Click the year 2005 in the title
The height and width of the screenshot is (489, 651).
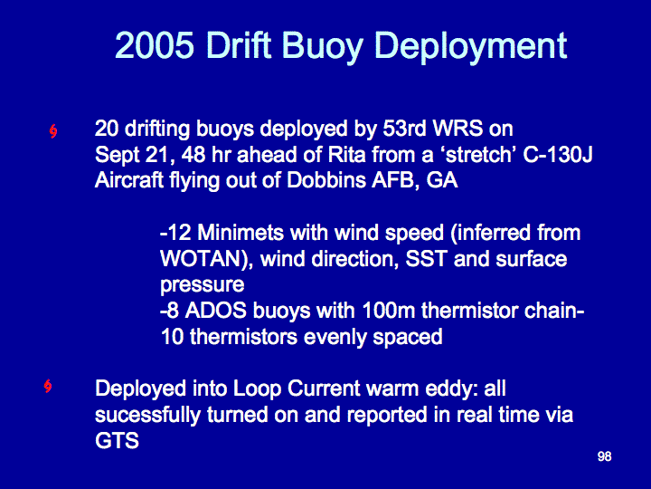point(155,45)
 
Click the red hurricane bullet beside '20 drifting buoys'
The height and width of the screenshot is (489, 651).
point(52,131)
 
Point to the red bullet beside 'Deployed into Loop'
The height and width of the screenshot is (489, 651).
point(48,386)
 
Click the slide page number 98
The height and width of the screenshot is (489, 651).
point(605,456)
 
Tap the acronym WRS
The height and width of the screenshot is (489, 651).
point(458,129)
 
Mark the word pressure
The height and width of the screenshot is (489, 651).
point(203,286)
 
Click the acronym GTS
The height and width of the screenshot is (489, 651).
point(117,441)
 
